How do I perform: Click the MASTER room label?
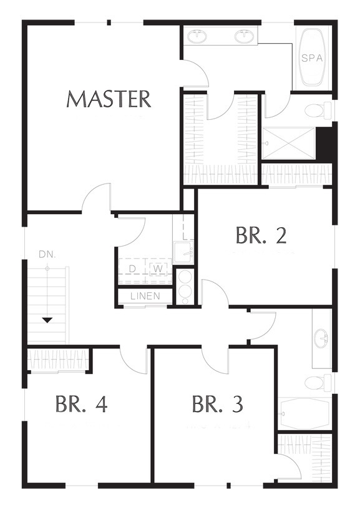(x=109, y=99)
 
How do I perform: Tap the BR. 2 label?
(x=261, y=235)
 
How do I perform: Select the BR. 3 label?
(x=218, y=404)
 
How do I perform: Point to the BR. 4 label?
(x=81, y=404)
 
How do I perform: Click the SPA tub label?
(x=312, y=58)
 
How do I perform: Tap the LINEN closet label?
(x=145, y=296)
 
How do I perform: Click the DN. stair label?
(x=47, y=255)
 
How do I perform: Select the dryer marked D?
(x=132, y=269)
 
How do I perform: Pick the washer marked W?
(x=158, y=269)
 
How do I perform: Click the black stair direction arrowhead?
(x=47, y=320)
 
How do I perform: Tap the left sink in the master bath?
(x=198, y=36)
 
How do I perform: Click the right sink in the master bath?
(x=245, y=36)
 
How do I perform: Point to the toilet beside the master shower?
(x=318, y=110)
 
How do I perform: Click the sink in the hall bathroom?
(x=321, y=338)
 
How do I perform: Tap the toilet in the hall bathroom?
(x=318, y=382)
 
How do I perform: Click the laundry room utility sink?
(x=183, y=252)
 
